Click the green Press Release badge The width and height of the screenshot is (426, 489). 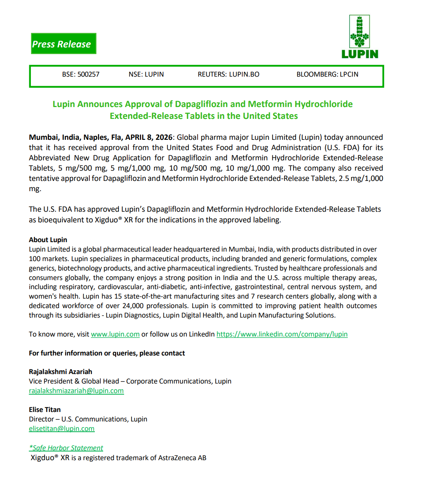coord(63,44)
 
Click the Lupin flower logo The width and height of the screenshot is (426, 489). coord(359,32)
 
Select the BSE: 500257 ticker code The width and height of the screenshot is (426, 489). coord(81,74)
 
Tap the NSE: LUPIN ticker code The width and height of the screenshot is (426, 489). coord(146,74)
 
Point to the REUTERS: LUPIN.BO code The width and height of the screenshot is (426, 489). coord(228,74)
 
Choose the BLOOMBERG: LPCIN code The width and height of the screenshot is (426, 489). coord(327,74)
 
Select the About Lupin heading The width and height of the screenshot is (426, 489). coord(48,240)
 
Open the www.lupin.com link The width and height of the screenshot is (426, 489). coord(115,334)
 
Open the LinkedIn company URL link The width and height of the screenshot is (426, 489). coord(282,334)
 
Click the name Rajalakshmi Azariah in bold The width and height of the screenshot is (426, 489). coord(60,372)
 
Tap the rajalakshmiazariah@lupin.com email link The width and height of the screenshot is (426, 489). coord(76,391)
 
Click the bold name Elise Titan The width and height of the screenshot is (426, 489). coord(45,410)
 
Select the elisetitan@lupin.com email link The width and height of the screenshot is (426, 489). coord(62,429)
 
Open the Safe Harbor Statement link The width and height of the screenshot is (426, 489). coord(66,448)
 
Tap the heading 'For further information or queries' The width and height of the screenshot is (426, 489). coord(107,353)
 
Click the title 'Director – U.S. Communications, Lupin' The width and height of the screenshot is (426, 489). coord(88,419)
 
